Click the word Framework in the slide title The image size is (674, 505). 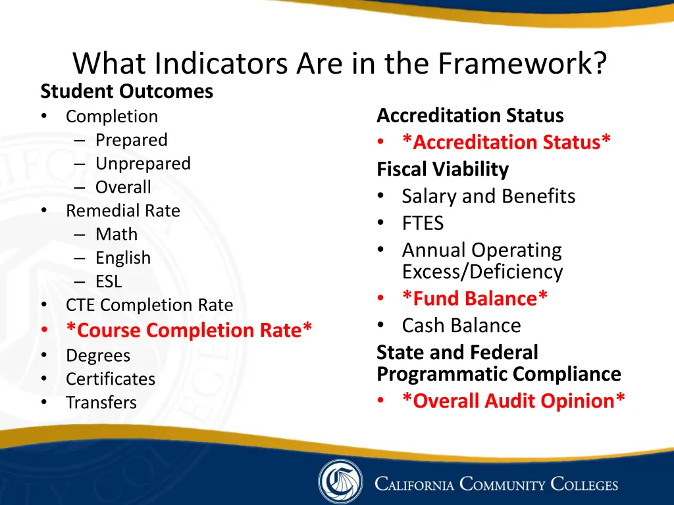tap(521, 64)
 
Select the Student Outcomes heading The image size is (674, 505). tap(126, 91)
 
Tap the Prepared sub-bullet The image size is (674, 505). tap(131, 140)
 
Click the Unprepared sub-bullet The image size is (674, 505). tap(143, 164)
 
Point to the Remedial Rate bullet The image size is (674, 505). tap(122, 211)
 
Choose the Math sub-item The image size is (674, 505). tap(117, 235)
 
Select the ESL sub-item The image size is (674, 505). tap(109, 282)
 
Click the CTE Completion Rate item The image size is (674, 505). tap(149, 305)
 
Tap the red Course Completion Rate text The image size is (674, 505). tap(189, 330)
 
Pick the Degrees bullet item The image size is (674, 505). tap(98, 356)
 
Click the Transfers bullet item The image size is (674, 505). tap(101, 403)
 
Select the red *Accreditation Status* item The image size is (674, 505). tap(506, 142)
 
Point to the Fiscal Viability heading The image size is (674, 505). tap(442, 170)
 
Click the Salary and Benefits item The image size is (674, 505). tap(488, 197)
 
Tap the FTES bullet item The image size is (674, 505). tap(423, 224)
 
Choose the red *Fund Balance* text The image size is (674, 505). tap(475, 299)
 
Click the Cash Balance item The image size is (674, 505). tap(461, 325)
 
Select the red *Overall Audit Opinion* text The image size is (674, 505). tap(513, 401)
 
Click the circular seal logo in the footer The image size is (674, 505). tap(340, 482)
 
